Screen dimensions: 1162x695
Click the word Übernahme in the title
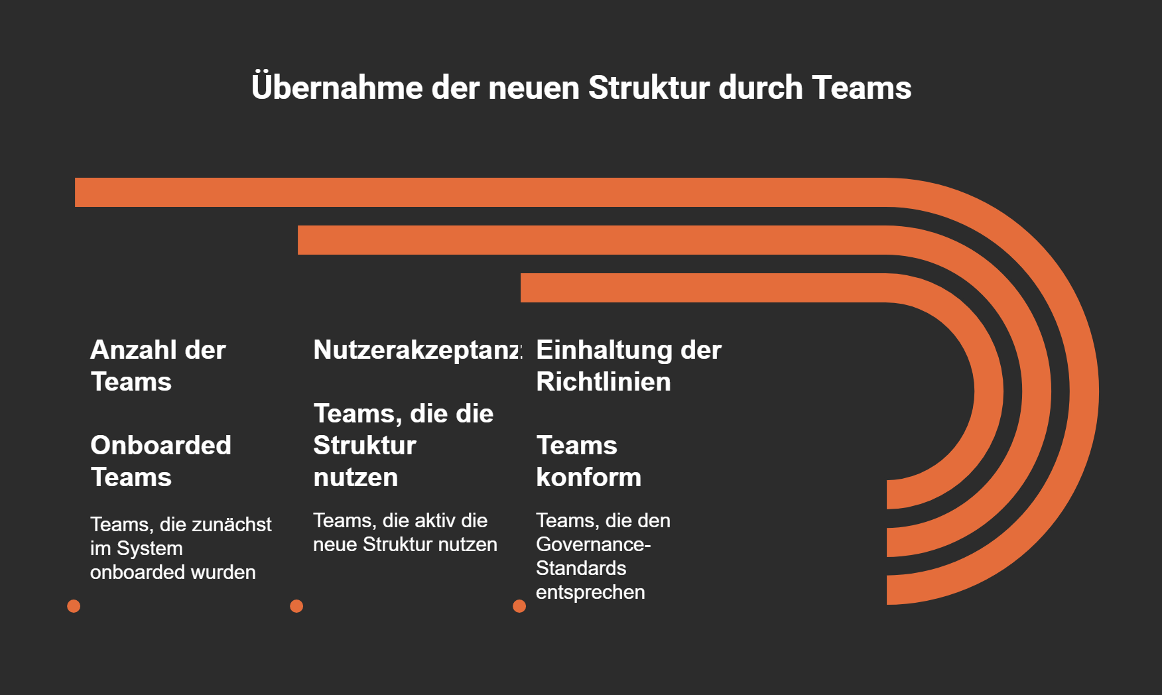click(337, 88)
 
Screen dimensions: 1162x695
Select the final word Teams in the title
click(862, 88)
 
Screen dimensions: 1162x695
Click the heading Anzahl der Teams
click(158, 365)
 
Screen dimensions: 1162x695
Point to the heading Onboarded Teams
click(161, 461)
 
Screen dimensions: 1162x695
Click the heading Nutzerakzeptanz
click(417, 350)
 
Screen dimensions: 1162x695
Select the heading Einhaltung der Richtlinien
click(628, 365)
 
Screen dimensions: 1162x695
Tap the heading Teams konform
click(588, 461)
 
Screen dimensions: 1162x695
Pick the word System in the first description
click(149, 548)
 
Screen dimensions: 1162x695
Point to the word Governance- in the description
click(593, 544)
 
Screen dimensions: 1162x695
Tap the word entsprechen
click(590, 592)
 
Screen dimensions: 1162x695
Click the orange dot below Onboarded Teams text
click(74, 606)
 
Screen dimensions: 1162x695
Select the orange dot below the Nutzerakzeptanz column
click(296, 606)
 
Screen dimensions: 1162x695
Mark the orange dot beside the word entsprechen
click(519, 606)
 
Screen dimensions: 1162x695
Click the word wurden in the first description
click(224, 572)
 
